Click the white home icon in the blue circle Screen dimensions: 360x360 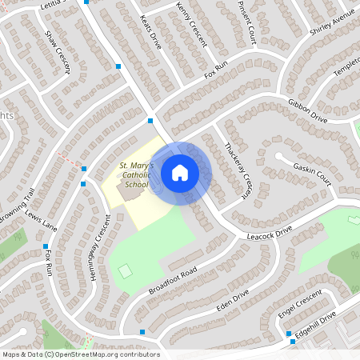tap(180, 173)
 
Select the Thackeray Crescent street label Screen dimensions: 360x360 tap(238, 170)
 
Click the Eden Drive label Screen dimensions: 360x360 tap(233, 301)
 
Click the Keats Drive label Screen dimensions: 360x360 tap(150, 32)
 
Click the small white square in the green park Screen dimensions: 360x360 tap(124, 272)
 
